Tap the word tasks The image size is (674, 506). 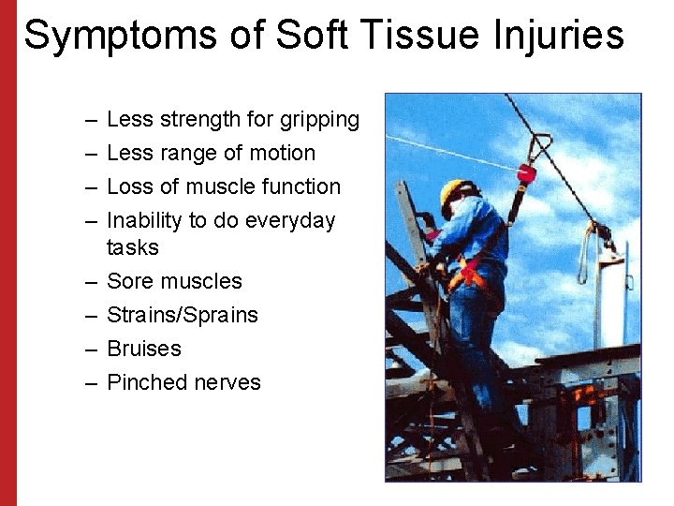(x=133, y=247)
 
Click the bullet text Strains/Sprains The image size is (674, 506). (x=183, y=315)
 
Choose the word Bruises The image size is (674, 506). (x=144, y=349)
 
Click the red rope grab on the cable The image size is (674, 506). (x=527, y=173)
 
